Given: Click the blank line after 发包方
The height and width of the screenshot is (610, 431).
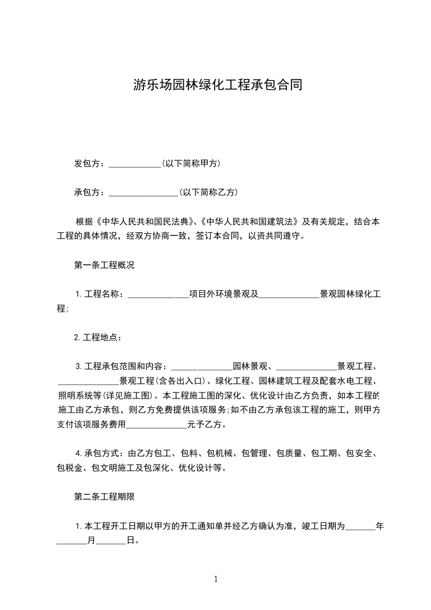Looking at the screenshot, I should (135, 164).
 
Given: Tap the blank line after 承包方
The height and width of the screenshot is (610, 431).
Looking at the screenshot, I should (143, 192).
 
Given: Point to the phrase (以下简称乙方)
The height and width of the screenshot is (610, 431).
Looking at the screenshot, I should (208, 192).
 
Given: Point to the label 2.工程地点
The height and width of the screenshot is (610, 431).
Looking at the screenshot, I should (97, 338).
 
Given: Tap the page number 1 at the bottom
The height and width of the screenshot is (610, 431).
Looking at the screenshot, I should (216, 579).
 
